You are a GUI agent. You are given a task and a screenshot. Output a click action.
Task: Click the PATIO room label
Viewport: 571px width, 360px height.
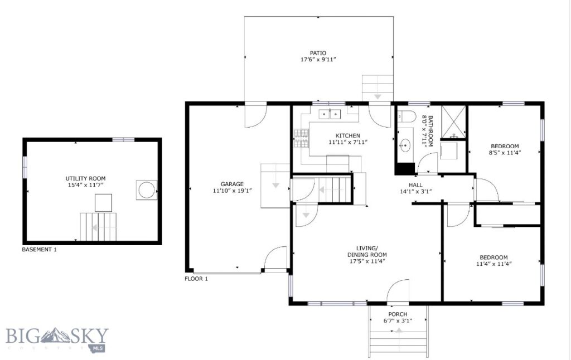click(x=318, y=53)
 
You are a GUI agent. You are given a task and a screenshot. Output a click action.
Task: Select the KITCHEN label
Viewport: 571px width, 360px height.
click(x=347, y=135)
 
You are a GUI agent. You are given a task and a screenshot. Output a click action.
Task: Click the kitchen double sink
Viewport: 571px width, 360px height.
click(x=330, y=114)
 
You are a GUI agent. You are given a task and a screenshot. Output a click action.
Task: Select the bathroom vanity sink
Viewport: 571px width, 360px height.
click(x=404, y=144)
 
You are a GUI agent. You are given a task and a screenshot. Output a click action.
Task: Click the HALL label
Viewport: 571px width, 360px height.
click(x=415, y=185)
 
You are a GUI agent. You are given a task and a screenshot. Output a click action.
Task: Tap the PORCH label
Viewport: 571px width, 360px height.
click(x=398, y=314)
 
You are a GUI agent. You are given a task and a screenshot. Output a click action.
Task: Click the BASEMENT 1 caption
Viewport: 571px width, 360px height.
click(x=39, y=250)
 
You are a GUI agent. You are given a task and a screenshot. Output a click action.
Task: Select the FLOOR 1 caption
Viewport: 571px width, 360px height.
click(x=196, y=279)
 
